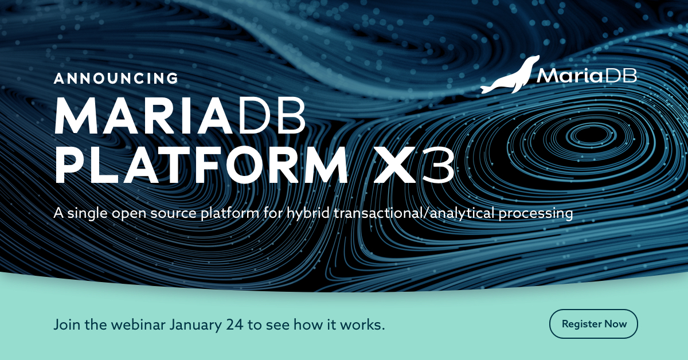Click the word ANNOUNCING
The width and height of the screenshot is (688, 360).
[x=116, y=78]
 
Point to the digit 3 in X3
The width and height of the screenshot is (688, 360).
[x=439, y=166]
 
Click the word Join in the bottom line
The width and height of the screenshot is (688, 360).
[x=65, y=324]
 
